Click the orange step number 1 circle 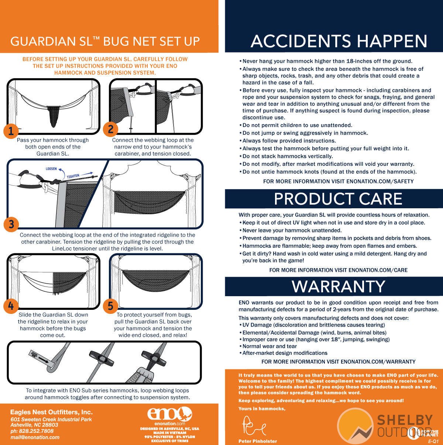(11, 131)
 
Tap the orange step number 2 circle (111, 129)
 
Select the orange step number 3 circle (11, 224)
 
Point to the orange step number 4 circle (11, 306)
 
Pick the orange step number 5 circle (111, 306)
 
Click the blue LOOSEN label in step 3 (51, 169)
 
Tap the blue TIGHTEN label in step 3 (73, 176)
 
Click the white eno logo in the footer (170, 413)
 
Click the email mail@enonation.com (35, 437)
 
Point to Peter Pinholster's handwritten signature (254, 426)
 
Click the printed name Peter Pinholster (258, 441)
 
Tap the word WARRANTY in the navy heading (339, 287)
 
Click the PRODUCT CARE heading (338, 199)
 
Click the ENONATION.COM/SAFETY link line (339, 182)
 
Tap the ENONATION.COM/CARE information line (339, 270)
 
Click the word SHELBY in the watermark (405, 420)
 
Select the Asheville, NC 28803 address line (34, 425)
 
